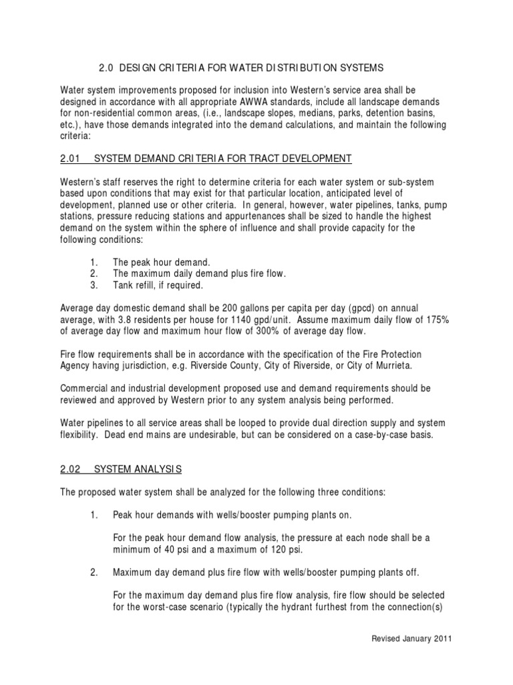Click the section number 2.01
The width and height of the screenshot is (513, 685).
tap(69, 159)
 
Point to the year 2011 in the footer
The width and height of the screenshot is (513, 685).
tap(441, 639)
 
